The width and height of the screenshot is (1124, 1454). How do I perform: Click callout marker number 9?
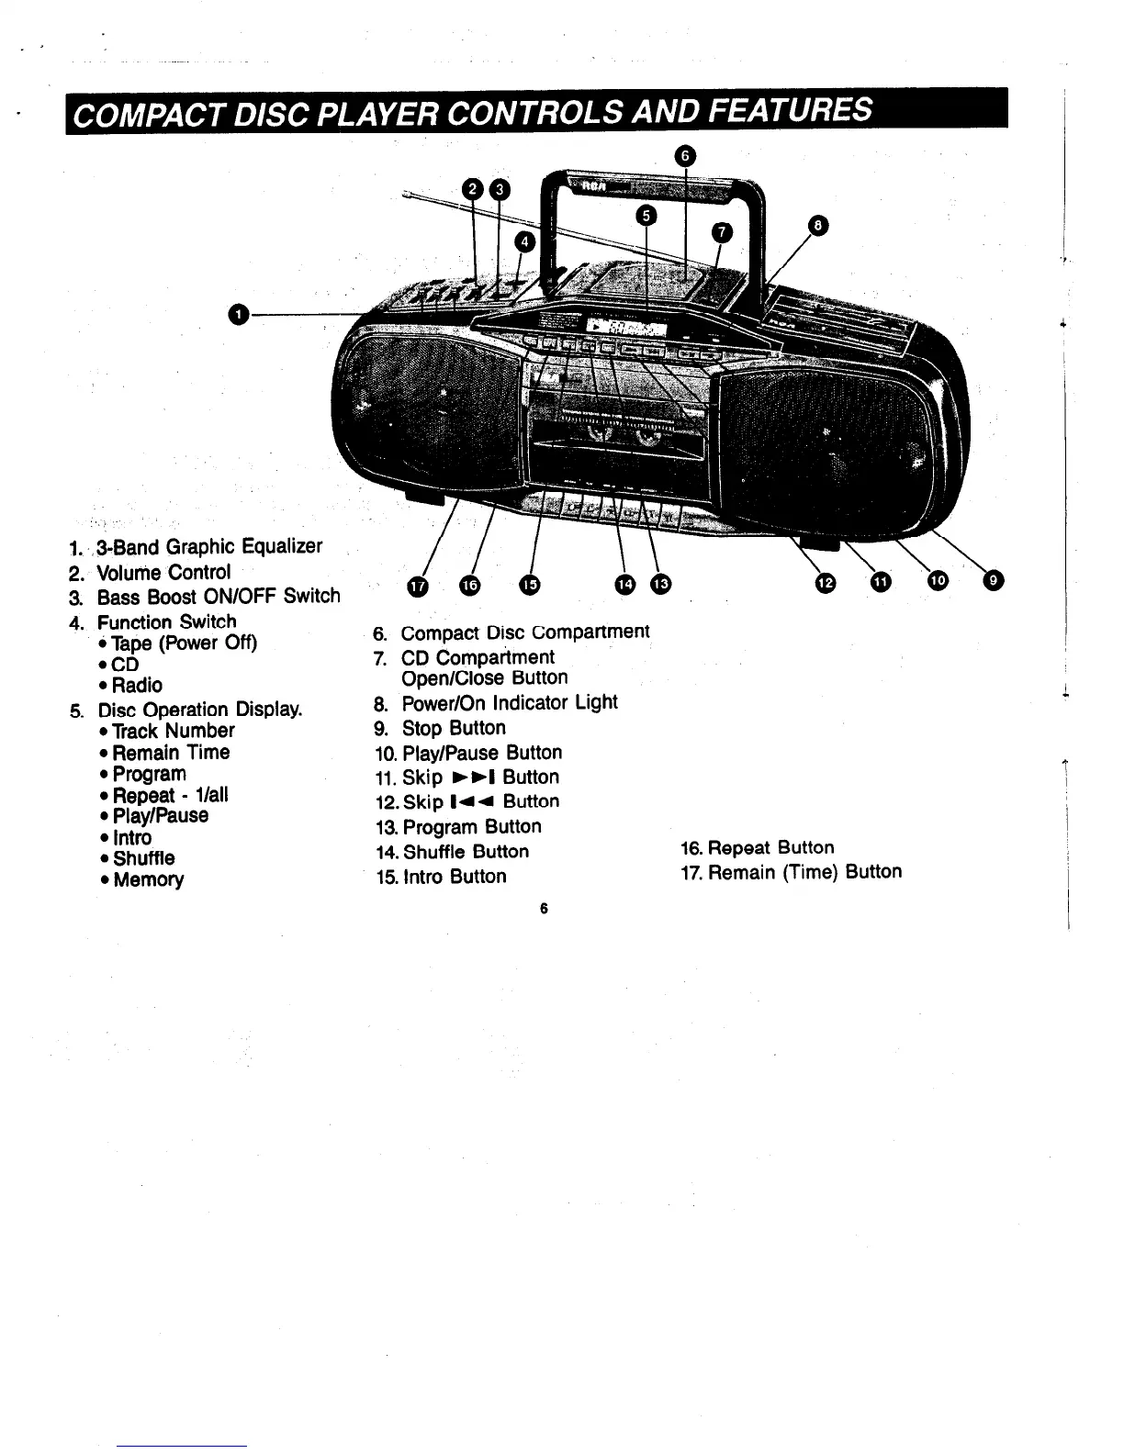(x=993, y=579)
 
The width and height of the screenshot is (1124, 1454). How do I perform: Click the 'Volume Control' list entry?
(x=164, y=573)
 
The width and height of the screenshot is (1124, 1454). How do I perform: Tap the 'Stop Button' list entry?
(x=454, y=728)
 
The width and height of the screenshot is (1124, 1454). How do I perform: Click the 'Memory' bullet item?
(x=148, y=879)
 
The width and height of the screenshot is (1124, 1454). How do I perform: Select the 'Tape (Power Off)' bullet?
(x=184, y=643)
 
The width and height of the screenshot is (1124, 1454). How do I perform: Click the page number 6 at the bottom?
(x=544, y=909)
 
